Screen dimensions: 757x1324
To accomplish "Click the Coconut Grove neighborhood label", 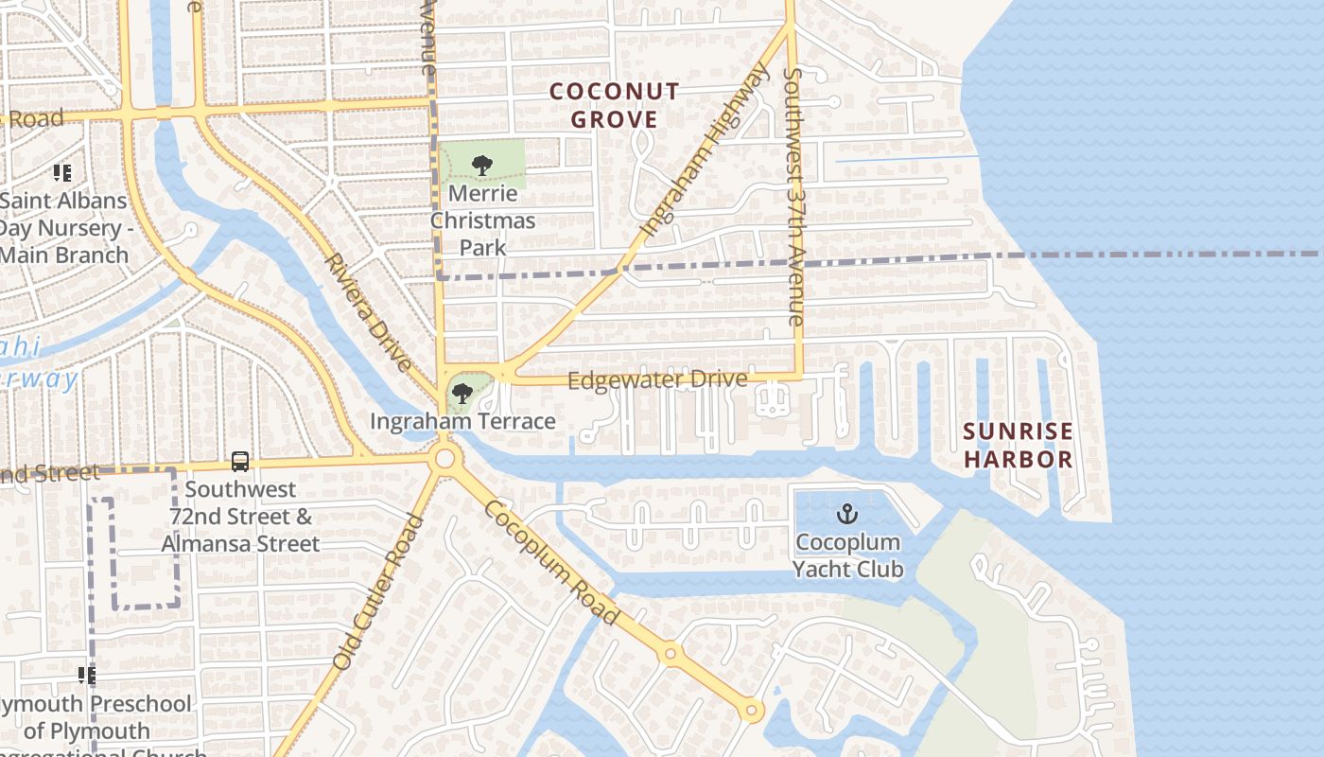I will [x=614, y=105].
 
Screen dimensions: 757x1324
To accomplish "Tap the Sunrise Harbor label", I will [x=1018, y=446].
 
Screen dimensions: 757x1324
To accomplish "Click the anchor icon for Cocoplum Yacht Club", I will [x=847, y=514].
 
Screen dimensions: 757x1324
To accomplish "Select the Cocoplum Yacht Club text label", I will [x=847, y=555].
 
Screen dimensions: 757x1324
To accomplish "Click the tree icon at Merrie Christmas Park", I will [x=482, y=166].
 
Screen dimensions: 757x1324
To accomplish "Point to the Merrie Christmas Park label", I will [x=483, y=220].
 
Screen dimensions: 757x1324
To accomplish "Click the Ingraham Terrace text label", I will [x=462, y=421].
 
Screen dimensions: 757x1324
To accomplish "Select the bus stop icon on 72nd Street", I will [x=240, y=462].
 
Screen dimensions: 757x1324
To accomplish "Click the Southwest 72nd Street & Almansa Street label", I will [x=240, y=517].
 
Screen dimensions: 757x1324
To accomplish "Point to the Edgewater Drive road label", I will [x=657, y=379].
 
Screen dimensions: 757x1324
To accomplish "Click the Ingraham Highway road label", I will [x=705, y=150].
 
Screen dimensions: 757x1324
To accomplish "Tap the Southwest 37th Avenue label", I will [x=793, y=197].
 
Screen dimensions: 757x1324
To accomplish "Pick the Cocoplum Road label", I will [x=551, y=562].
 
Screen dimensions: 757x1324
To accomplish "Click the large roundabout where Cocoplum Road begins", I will [x=444, y=461].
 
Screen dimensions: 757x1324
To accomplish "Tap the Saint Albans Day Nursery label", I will [x=64, y=228].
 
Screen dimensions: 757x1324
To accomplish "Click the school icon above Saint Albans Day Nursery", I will [x=62, y=173].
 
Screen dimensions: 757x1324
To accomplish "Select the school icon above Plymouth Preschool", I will [x=86, y=676].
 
